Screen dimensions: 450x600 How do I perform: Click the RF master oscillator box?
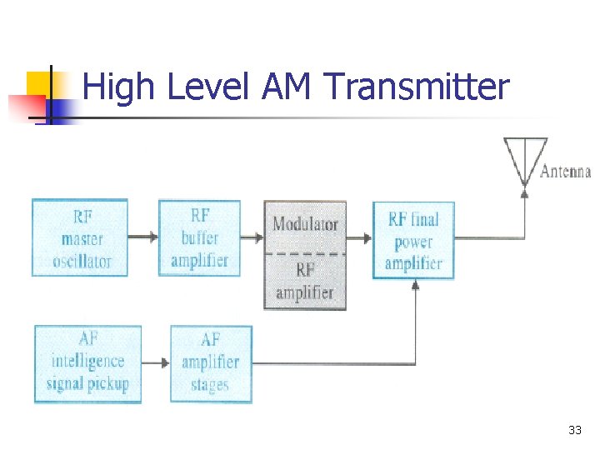coord(80,238)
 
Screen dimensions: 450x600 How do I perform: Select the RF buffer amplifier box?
coord(199,238)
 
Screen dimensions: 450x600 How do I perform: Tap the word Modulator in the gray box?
coord(305,223)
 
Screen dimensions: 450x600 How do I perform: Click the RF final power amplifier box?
coord(413,241)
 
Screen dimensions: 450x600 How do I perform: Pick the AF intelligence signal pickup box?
coord(88,362)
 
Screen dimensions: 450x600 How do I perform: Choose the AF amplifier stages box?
coord(210,362)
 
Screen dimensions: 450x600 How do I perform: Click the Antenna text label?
coord(566,172)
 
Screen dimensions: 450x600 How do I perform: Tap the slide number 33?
coord(574,430)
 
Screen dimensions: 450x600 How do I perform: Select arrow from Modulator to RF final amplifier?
coord(359,237)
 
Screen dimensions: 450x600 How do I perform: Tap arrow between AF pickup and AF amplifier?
coord(156,362)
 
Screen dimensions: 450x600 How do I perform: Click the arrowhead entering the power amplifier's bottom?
coord(415,285)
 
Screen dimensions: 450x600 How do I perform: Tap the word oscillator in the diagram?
coord(82,261)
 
